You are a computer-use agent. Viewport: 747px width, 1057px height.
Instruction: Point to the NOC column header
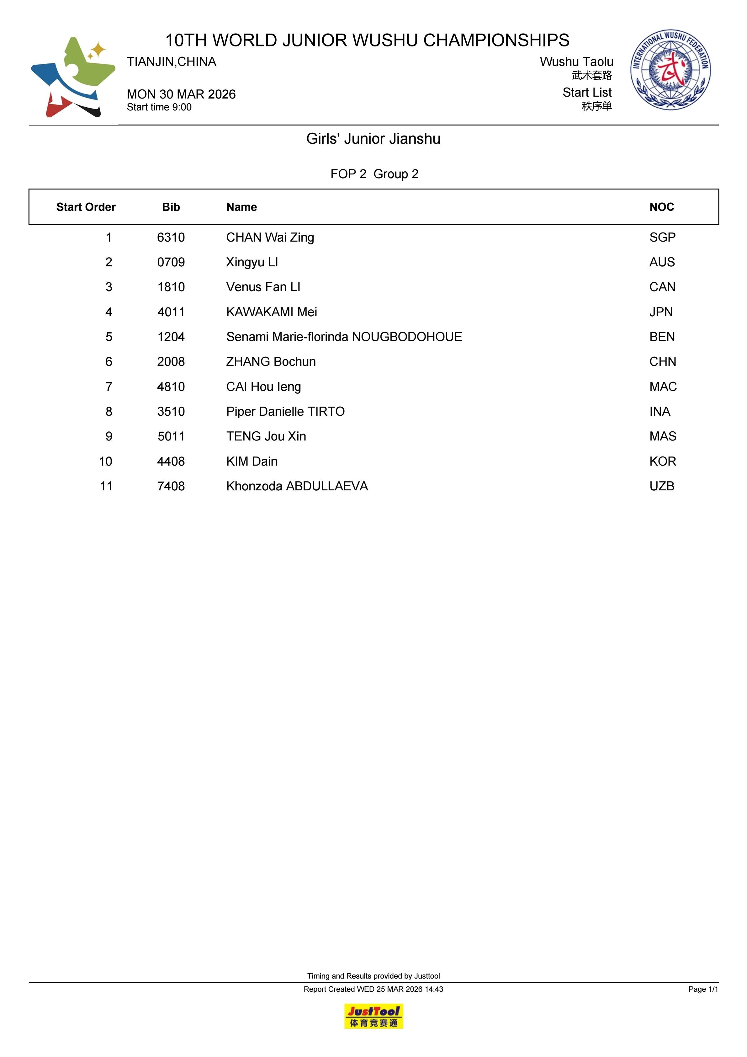click(x=661, y=207)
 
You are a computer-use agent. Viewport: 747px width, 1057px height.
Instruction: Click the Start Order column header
click(x=86, y=207)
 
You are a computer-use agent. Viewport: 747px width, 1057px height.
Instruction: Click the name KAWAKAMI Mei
click(x=272, y=312)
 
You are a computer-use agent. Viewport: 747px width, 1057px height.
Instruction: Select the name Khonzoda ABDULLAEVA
click(x=297, y=486)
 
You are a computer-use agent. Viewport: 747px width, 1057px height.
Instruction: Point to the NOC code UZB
click(x=661, y=486)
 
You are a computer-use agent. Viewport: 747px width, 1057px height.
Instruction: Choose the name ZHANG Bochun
click(x=271, y=362)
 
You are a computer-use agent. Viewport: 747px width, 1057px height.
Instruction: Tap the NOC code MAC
click(x=663, y=387)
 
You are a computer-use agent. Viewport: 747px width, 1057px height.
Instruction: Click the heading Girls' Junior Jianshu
click(x=373, y=139)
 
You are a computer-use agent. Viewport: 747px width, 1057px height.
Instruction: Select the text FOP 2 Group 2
click(x=374, y=174)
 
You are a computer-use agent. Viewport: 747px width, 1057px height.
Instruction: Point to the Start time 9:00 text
click(x=159, y=107)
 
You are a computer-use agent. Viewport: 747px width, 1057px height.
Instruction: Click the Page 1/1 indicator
click(x=703, y=989)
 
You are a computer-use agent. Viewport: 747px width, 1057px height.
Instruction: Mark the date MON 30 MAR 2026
click(x=181, y=94)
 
